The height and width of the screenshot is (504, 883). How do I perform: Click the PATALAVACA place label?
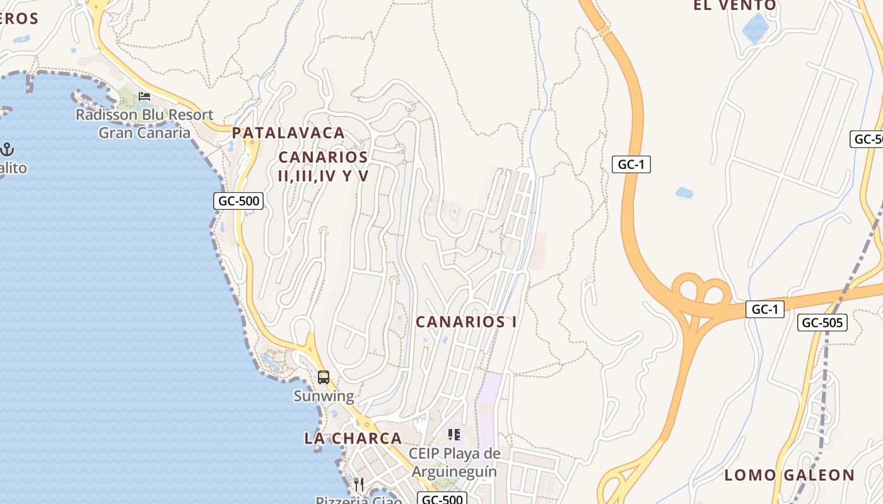click(x=288, y=133)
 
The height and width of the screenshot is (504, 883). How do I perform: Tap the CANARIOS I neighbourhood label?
click(x=466, y=322)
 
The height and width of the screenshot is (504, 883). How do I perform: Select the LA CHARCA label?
click(x=353, y=438)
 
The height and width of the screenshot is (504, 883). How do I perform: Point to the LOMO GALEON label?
click(x=789, y=475)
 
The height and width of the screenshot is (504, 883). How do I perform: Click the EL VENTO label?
click(x=735, y=6)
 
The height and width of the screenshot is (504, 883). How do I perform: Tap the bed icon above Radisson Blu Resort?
click(x=144, y=96)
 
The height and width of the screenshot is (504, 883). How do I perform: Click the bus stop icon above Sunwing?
click(x=324, y=377)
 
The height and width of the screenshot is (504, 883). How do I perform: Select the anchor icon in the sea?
click(x=7, y=149)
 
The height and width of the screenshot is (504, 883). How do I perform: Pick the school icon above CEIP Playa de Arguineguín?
click(x=453, y=435)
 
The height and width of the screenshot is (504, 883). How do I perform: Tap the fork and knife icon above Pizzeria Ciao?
click(x=358, y=484)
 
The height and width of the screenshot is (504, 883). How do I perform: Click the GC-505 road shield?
click(x=822, y=323)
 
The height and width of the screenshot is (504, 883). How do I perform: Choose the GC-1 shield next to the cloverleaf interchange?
click(x=764, y=309)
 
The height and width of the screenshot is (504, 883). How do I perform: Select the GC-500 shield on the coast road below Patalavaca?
click(x=238, y=201)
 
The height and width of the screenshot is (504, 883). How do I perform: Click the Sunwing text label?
click(x=324, y=396)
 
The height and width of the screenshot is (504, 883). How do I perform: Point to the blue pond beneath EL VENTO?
click(x=754, y=27)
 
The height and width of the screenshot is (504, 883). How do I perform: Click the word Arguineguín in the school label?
click(x=454, y=471)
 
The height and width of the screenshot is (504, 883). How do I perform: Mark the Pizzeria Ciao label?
click(x=358, y=500)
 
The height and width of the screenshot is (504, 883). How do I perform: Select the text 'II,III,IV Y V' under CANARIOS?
click(x=323, y=176)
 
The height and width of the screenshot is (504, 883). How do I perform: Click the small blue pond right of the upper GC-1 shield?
click(x=684, y=192)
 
